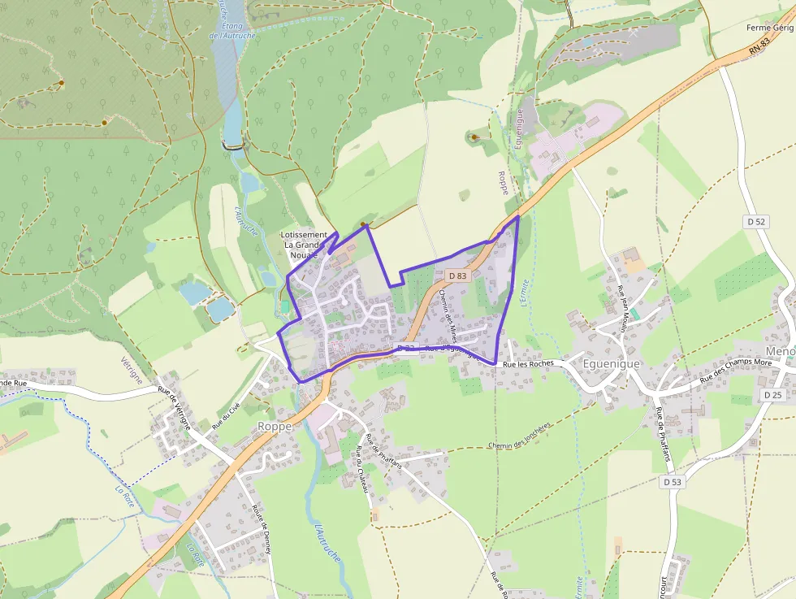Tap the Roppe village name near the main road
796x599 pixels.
(275, 426)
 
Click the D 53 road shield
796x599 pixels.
(672, 482)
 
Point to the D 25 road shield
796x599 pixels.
(772, 394)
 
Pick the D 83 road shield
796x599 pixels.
(456, 276)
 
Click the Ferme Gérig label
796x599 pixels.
(769, 28)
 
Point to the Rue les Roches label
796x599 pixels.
(528, 364)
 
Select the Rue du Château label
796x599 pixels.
(362, 477)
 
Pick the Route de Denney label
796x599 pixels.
(261, 530)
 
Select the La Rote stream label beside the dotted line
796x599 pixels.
(124, 495)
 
